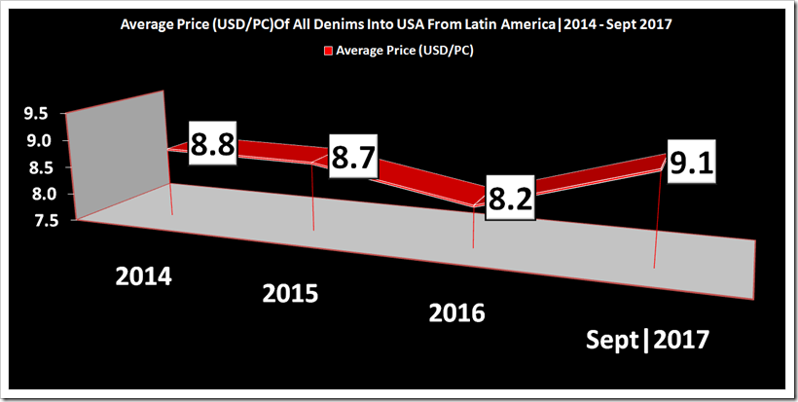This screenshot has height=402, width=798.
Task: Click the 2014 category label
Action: [x=143, y=276]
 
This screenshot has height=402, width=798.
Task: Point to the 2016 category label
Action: [x=456, y=313]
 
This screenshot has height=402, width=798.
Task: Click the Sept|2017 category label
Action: [x=647, y=341]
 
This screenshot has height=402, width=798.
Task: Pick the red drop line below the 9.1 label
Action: [x=658, y=224]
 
